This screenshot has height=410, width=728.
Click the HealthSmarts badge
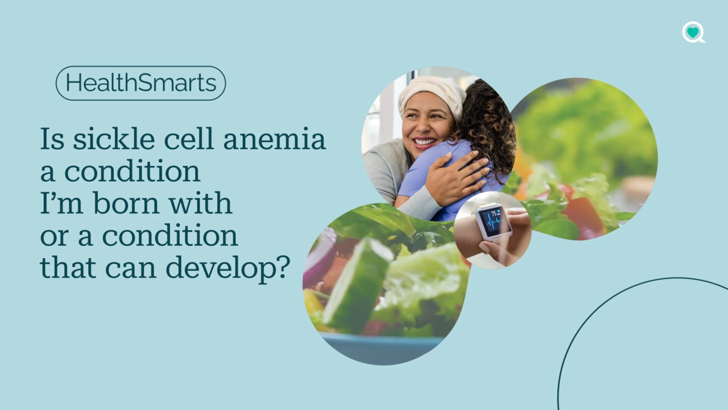140,83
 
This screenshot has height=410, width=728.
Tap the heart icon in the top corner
693,32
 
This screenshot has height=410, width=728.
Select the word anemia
274,139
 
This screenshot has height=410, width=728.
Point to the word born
126,203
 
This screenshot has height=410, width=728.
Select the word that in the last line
68,267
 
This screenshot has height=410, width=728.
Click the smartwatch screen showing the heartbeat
493,222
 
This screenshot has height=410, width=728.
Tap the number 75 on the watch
494,214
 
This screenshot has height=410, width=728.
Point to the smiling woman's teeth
425,142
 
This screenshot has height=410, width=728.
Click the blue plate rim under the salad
382,348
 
